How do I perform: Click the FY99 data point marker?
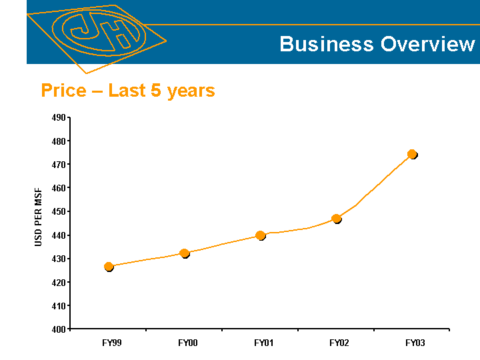(109, 267)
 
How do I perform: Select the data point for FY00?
(185, 253)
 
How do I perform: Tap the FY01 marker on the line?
(260, 235)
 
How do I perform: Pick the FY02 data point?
(336, 218)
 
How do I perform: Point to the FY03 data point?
(412, 154)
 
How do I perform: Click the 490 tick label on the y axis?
(58, 118)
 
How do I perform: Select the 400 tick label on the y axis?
(58, 329)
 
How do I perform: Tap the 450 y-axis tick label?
(58, 212)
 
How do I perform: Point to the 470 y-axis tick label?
(58, 165)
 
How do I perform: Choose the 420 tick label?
(58, 283)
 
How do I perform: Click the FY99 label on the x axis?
(112, 343)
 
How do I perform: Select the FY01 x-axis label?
(263, 343)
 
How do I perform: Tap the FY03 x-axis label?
(415, 343)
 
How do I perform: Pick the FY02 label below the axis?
(339, 343)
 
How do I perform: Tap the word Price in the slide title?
(63, 90)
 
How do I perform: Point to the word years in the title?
(191, 91)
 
